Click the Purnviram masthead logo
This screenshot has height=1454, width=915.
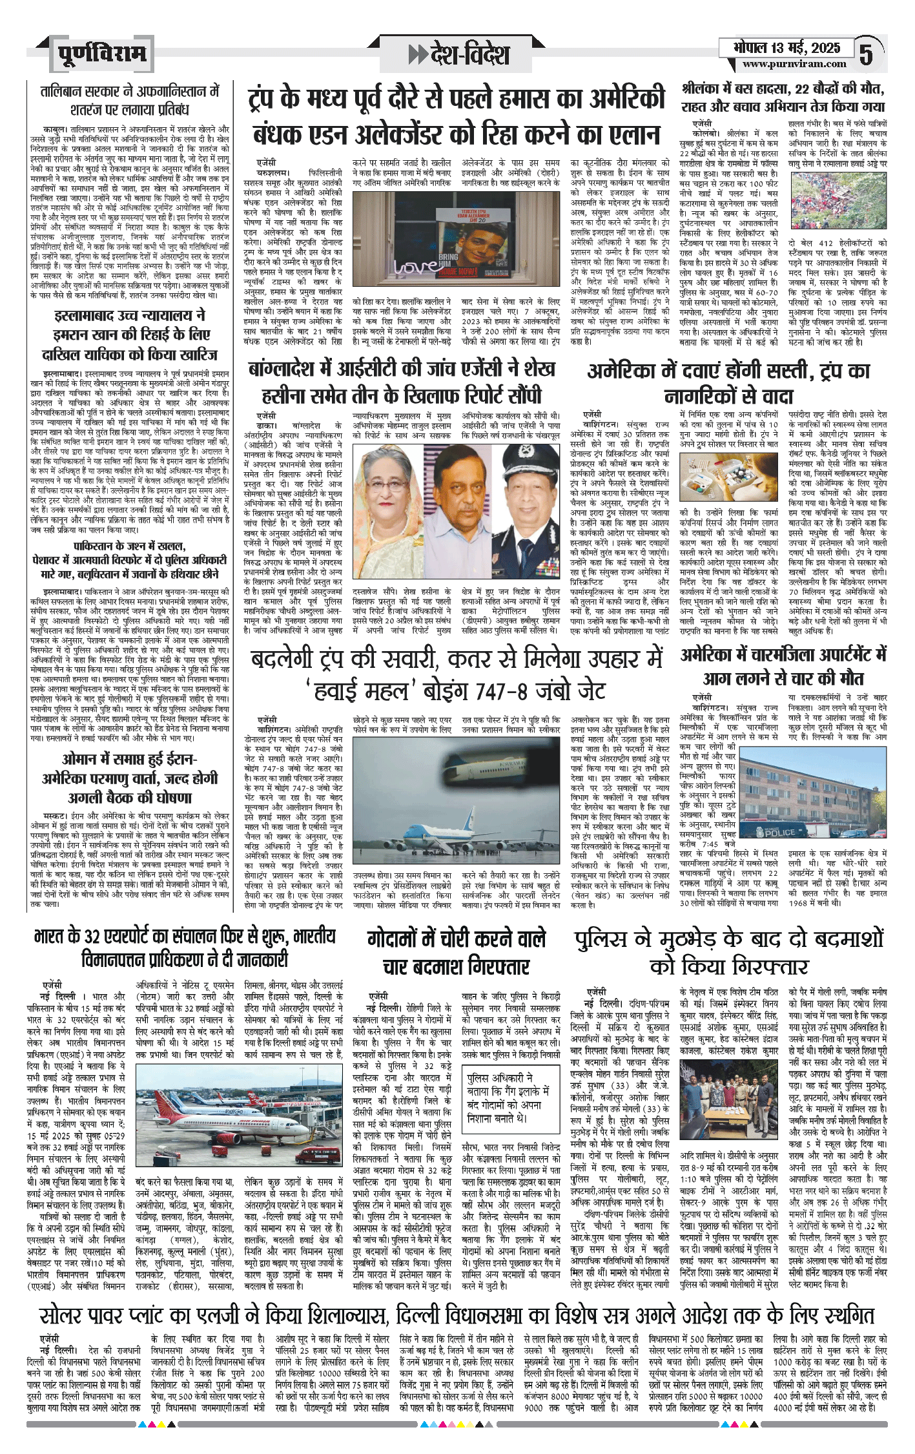pyautogui.click(x=101, y=54)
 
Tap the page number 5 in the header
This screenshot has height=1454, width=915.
pyautogui.click(x=867, y=54)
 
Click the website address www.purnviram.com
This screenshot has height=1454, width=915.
pyautogui.click(x=794, y=64)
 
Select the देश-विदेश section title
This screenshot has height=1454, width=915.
pyautogui.click(x=459, y=54)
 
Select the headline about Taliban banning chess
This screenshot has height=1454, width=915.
pyautogui.click(x=130, y=99)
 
